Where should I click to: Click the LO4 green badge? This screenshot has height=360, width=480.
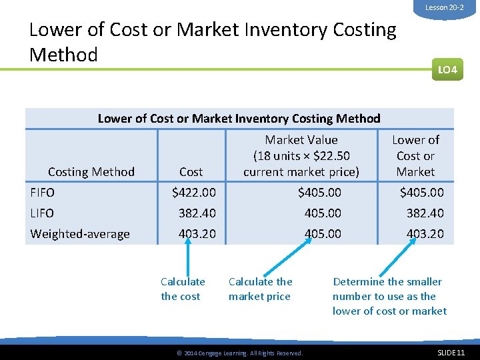[x=447, y=69]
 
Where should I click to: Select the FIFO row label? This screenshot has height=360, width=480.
[x=43, y=193]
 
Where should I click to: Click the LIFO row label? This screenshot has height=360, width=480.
[x=42, y=213]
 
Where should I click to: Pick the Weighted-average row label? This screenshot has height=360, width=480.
[x=80, y=234]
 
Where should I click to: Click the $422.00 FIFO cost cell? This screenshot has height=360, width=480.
[x=194, y=193]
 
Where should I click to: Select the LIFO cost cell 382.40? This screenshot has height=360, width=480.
[x=197, y=213]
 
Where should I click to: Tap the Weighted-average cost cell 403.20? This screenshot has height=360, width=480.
[x=197, y=234]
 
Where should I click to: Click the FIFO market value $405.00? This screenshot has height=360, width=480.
[x=319, y=193]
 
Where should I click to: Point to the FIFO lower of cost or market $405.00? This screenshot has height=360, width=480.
[x=421, y=193]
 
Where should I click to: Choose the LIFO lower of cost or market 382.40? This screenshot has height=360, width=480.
[x=425, y=213]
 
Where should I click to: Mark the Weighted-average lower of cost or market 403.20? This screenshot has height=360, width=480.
[x=425, y=234]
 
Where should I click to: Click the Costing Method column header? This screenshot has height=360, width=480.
[x=91, y=172]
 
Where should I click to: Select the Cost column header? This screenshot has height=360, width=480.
[x=191, y=172]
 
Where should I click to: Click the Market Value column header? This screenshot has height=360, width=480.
[x=301, y=156]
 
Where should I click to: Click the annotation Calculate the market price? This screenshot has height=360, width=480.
[x=260, y=289]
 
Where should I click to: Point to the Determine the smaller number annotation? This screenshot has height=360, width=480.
[x=389, y=296]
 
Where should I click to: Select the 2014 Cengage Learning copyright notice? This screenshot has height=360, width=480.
[x=239, y=353]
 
